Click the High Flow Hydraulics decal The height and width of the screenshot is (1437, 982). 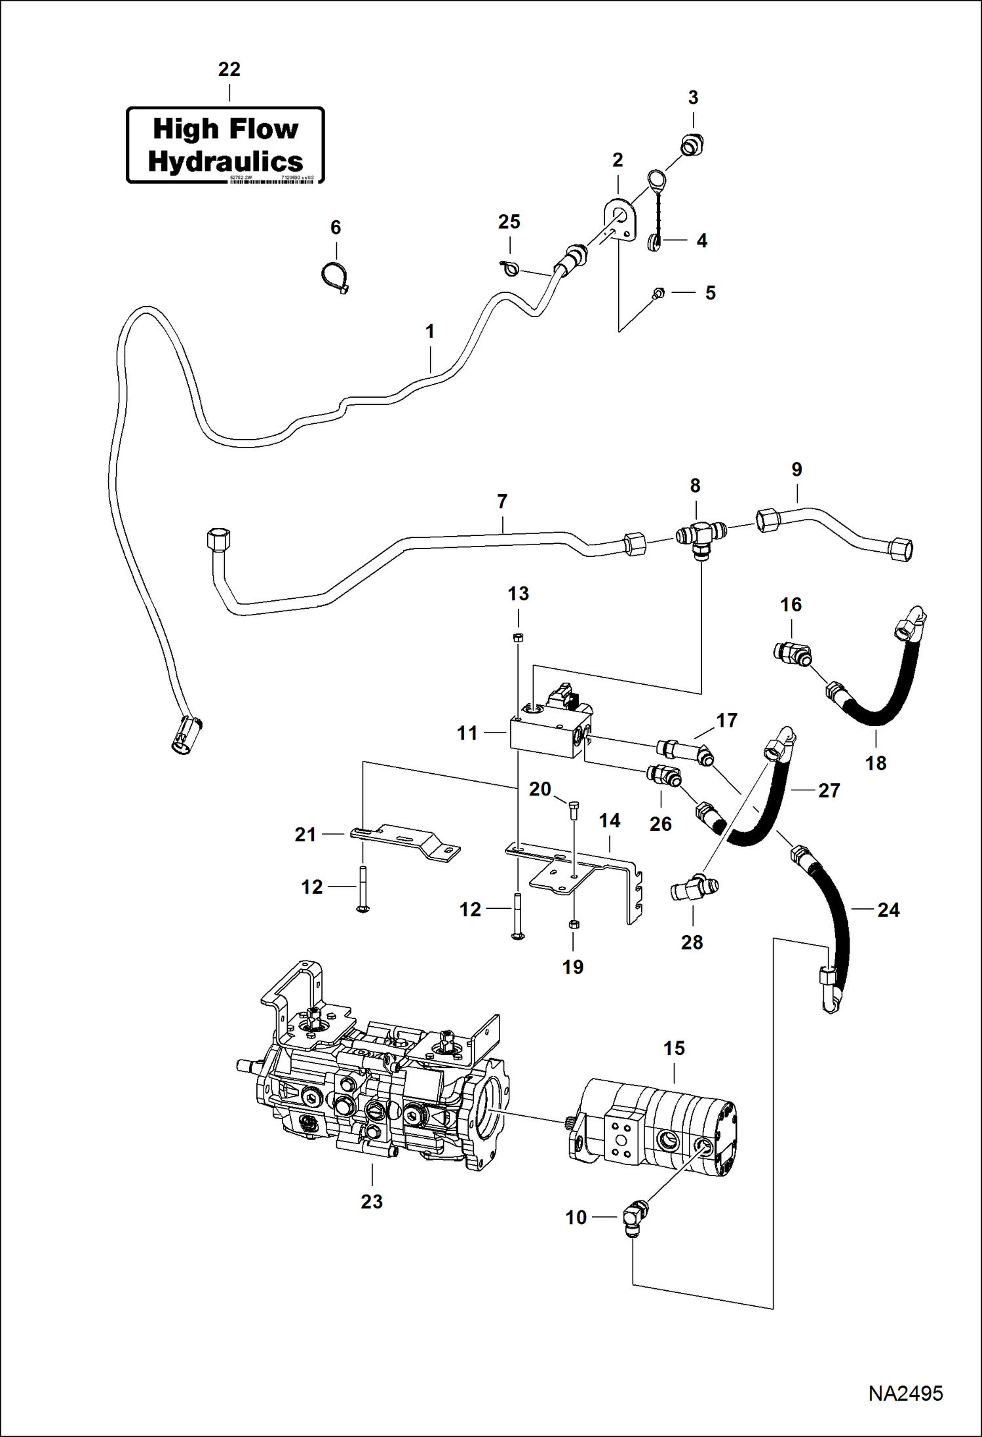[226, 145]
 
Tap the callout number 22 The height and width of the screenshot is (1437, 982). [229, 69]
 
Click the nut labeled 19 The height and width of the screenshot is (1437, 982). [572, 924]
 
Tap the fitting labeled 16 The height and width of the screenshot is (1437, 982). [791, 653]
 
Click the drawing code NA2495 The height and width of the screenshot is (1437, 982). [905, 1392]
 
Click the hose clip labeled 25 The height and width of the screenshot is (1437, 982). [509, 266]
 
